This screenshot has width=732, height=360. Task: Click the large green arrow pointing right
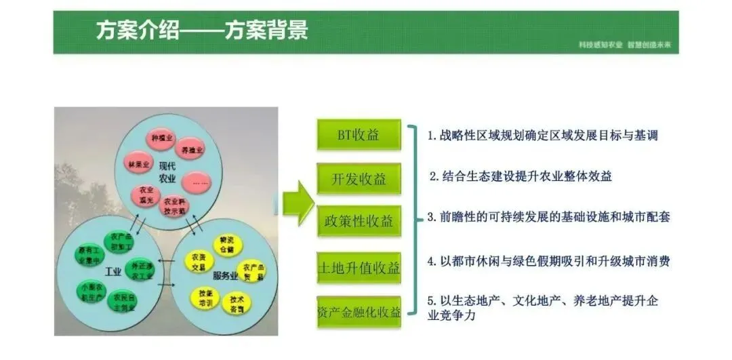298,201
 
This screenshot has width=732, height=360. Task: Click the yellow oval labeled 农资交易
197,262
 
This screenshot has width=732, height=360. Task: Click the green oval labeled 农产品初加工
121,242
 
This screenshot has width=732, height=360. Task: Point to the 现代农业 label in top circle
167,172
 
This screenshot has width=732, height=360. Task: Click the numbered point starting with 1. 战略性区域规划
542,135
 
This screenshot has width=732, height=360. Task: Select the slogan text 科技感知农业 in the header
601,45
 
